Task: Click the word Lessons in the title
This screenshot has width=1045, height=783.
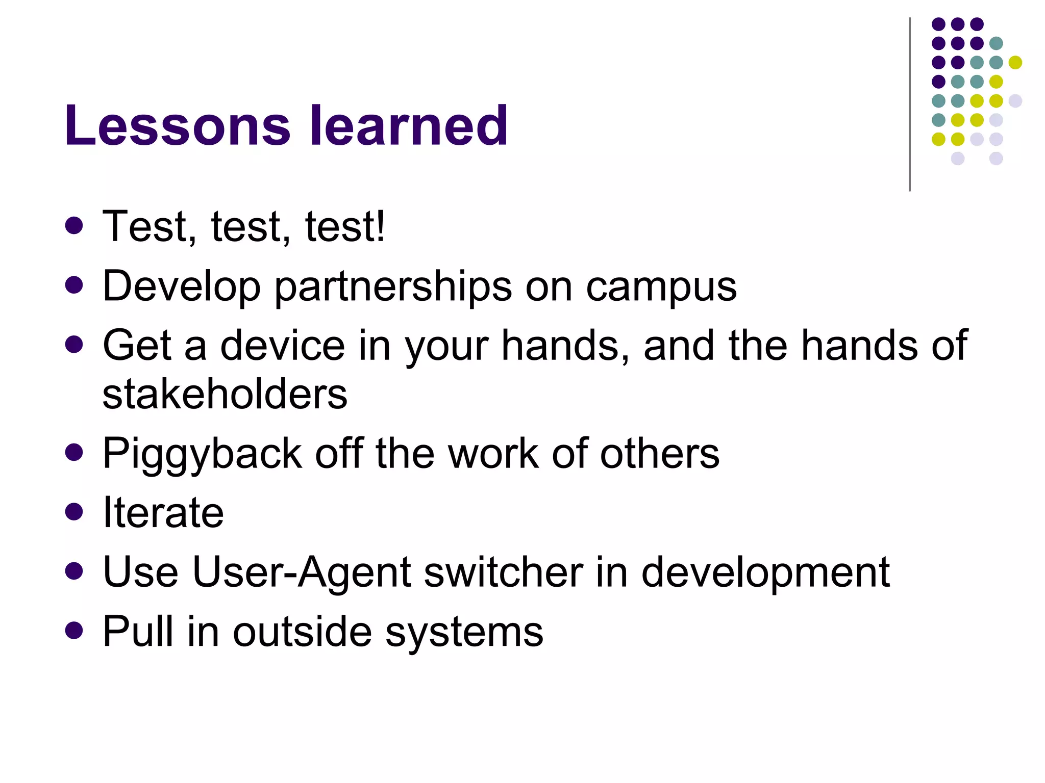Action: [177, 125]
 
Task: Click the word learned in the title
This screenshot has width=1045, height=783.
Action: [409, 125]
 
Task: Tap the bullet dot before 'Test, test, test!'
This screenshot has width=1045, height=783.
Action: [74, 226]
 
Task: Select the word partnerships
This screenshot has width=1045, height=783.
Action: [393, 287]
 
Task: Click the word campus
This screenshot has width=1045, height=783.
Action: [661, 287]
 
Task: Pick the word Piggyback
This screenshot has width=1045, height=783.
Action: [202, 454]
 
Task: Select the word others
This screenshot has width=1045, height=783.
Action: [659, 453]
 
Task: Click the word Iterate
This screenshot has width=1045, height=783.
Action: [163, 512]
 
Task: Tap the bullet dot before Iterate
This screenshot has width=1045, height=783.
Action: [74, 512]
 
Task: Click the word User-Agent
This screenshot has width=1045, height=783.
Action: [301, 572]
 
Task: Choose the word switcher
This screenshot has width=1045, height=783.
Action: [503, 572]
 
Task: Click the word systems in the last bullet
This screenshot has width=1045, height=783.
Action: [464, 633]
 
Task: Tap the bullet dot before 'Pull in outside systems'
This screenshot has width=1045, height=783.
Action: [74, 631]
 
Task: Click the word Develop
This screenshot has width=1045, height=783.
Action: [182, 287]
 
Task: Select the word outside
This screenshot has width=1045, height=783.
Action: [302, 632]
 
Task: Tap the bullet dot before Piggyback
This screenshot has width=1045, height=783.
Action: [74, 452]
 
